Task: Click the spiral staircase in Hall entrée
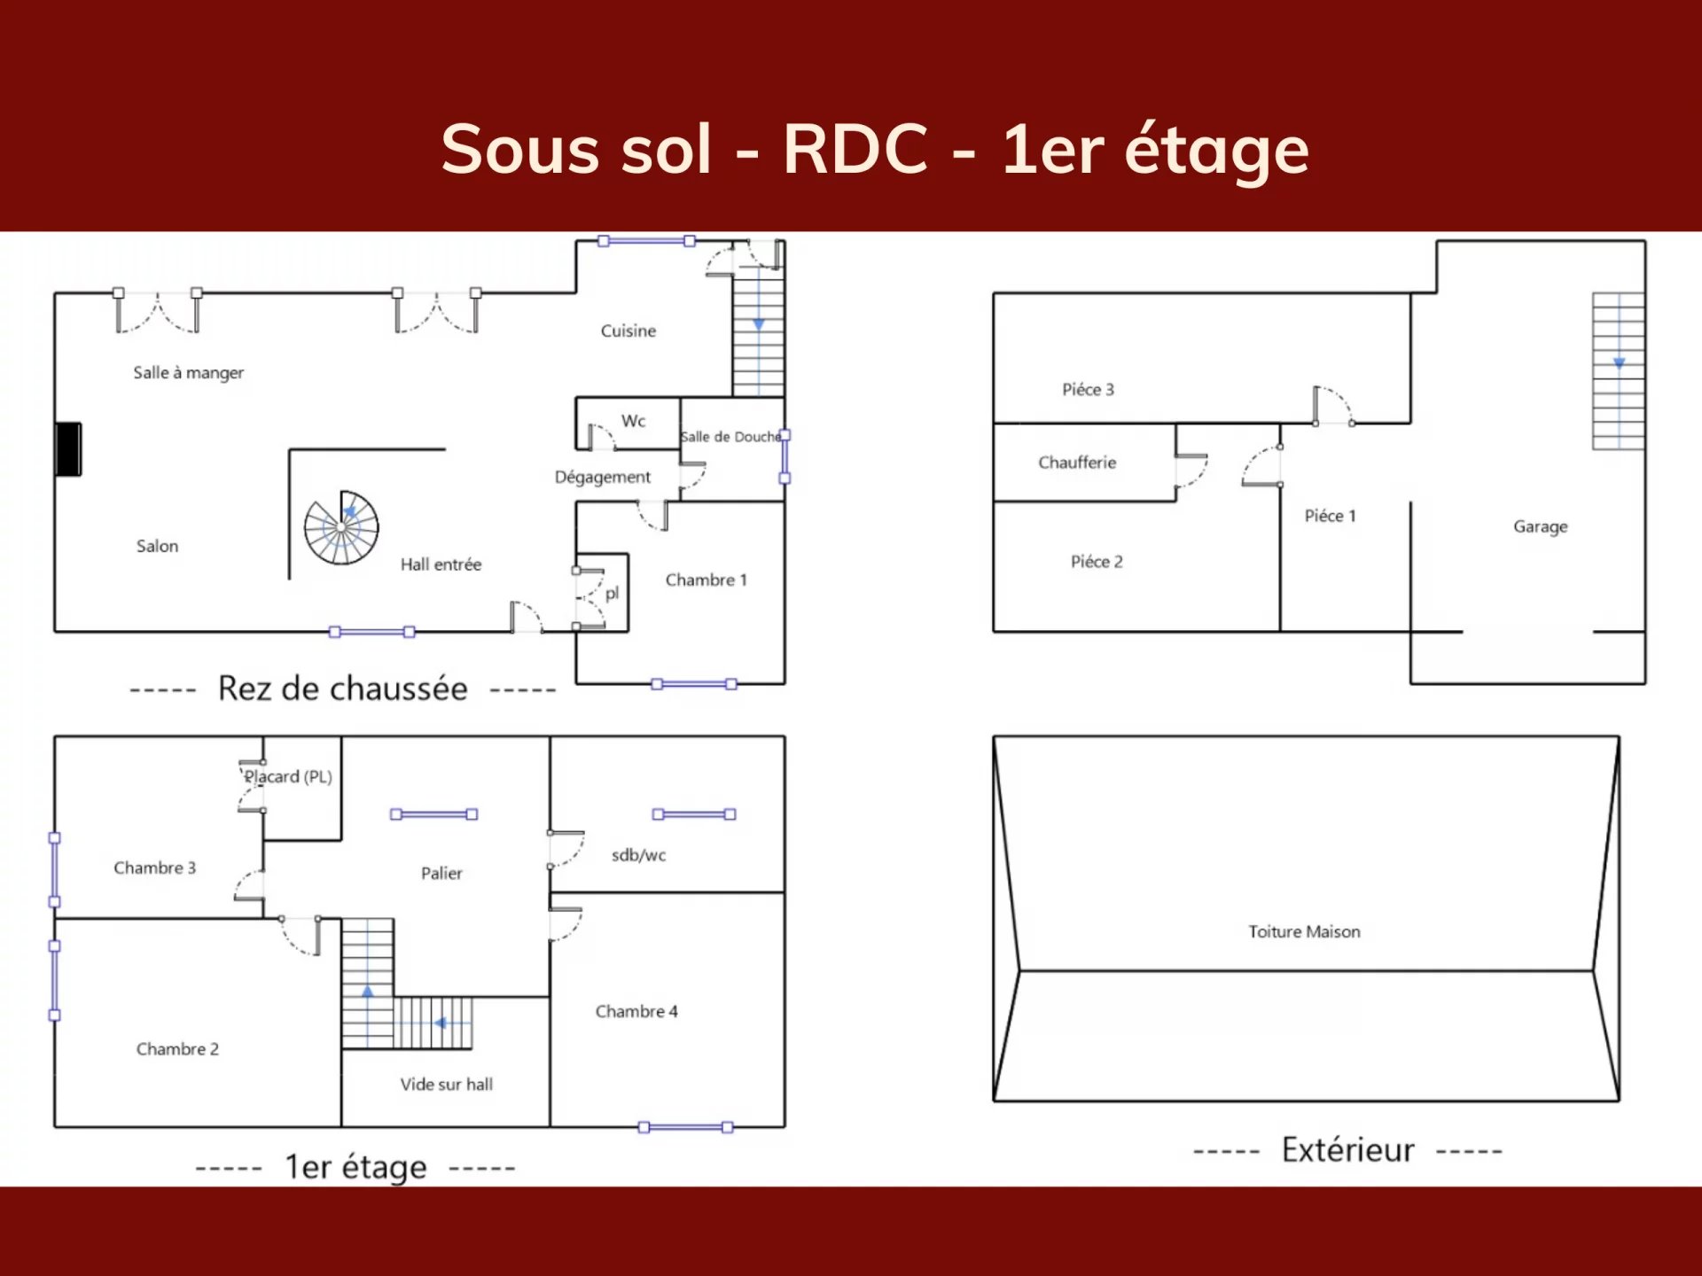tap(341, 528)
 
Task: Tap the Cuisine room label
tap(628, 331)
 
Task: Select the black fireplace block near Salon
tap(68, 449)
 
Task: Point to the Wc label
tap(633, 421)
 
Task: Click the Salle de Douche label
tap(730, 437)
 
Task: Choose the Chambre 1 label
tap(707, 580)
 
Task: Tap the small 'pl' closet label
tap(612, 594)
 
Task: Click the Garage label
tap(1540, 527)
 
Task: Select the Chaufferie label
tap(1077, 463)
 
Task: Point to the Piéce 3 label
tap(1088, 390)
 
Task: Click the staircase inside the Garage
tap(1618, 370)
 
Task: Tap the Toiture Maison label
tap(1304, 932)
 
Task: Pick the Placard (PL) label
tap(288, 777)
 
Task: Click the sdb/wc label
tap(638, 855)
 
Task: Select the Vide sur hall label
tap(446, 1085)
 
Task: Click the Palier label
tap(441, 874)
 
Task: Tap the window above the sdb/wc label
tap(694, 814)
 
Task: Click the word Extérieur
tap(1347, 1150)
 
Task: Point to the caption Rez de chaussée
tap(343, 689)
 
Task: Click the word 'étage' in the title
tap(1216, 151)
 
